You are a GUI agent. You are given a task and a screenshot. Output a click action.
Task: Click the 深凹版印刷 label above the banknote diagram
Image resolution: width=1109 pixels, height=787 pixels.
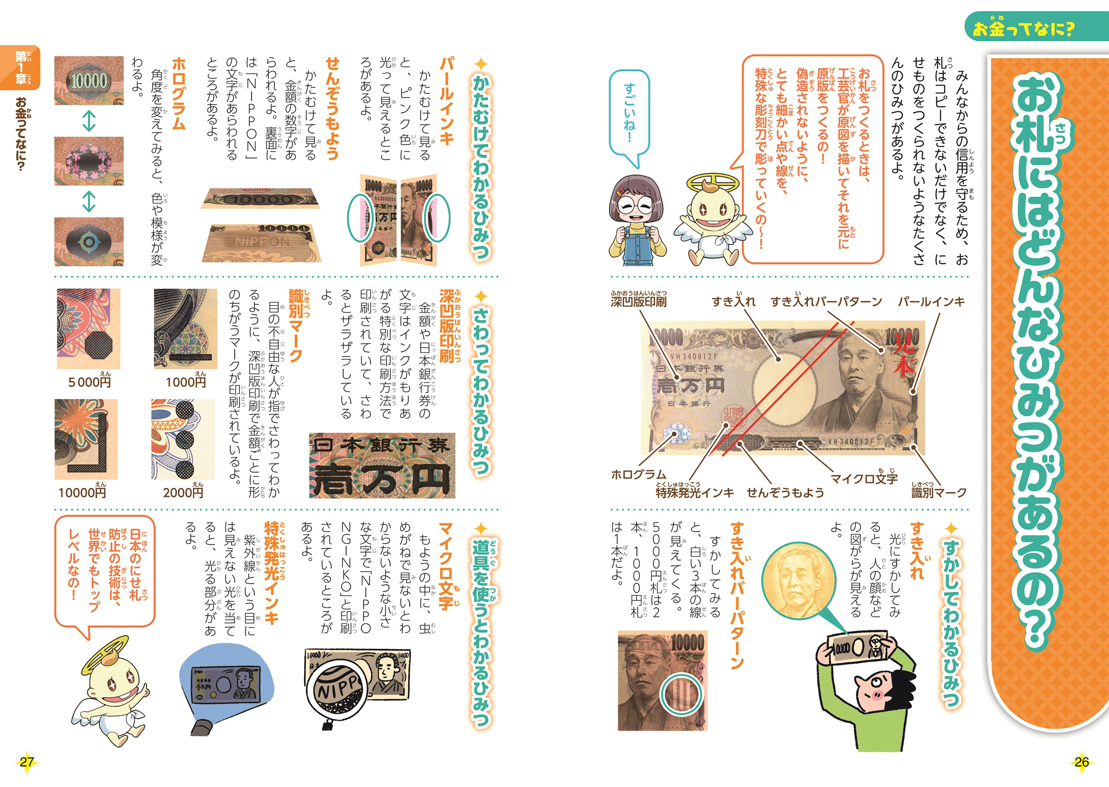click(x=638, y=300)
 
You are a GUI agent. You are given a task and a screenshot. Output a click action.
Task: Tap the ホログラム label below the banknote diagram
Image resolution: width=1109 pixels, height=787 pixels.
click(x=638, y=474)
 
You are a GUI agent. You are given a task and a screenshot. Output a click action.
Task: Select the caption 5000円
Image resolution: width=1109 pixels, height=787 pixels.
click(x=90, y=381)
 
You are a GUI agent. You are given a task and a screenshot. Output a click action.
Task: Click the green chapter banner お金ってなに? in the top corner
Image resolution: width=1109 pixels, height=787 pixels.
click(x=1036, y=27)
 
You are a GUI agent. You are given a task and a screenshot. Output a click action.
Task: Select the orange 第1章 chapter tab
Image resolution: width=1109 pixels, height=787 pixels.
click(x=20, y=67)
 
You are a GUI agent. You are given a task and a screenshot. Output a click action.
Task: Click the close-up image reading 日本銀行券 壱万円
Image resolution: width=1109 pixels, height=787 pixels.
click(x=382, y=465)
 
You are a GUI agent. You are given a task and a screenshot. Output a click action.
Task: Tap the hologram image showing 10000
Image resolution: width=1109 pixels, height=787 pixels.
click(x=89, y=80)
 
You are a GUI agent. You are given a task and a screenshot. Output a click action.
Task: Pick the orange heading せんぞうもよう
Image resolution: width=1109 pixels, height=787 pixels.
click(x=332, y=109)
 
